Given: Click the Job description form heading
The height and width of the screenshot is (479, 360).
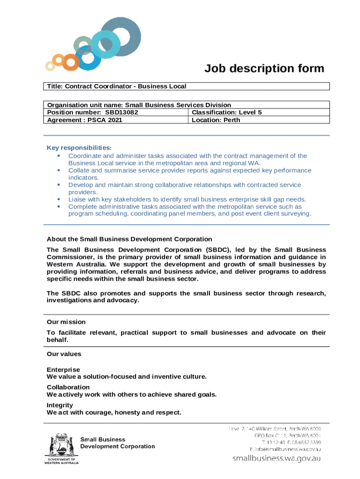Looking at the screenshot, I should (x=264, y=69).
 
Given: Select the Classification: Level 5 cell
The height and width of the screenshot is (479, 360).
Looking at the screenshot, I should (x=227, y=112).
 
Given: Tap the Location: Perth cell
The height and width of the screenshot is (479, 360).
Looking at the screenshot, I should (x=216, y=120).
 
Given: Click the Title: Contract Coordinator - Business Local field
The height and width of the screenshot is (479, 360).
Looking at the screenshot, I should (x=116, y=86).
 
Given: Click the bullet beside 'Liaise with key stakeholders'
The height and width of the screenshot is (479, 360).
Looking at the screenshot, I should (x=58, y=199).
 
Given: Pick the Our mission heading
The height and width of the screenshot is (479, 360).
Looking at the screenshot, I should (x=66, y=322).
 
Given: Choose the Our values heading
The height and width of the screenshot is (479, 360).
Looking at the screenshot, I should (x=64, y=354).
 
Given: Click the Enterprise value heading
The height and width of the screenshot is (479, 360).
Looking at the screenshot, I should (x=63, y=370).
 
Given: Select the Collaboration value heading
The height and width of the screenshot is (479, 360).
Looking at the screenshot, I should (x=68, y=387).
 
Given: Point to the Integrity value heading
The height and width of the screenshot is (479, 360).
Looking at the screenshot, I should (x=60, y=405).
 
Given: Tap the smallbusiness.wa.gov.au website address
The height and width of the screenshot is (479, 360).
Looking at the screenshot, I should (x=277, y=459).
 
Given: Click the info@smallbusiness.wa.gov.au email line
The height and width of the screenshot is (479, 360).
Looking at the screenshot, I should (x=285, y=449).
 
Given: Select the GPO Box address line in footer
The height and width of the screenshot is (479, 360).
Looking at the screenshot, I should (x=288, y=435).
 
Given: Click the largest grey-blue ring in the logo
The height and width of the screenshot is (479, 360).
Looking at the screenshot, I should (x=120, y=37).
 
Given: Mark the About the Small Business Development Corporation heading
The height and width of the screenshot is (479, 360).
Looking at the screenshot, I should (x=129, y=239).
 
